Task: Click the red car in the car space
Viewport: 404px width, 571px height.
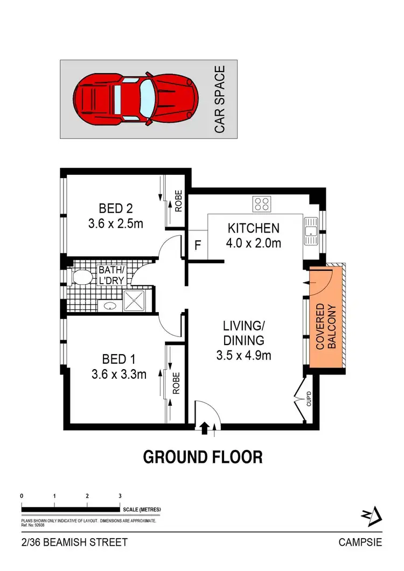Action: tap(135, 98)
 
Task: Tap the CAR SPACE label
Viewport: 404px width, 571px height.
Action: tap(219, 99)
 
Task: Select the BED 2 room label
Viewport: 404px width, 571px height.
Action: tap(115, 208)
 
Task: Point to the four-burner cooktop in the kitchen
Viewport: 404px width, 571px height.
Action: tap(262, 203)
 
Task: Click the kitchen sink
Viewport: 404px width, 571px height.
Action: tap(311, 231)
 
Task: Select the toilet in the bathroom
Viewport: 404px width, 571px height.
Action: tap(82, 277)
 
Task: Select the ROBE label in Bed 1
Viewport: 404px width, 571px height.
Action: tap(176, 384)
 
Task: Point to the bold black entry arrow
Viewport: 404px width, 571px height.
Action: tap(204, 428)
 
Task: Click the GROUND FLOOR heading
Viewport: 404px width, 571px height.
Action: tap(203, 457)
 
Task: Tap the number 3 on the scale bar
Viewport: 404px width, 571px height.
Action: tap(120, 496)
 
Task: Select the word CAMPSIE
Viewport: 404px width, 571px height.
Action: tap(360, 542)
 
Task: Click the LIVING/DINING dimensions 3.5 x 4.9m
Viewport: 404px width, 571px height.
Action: tap(244, 355)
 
